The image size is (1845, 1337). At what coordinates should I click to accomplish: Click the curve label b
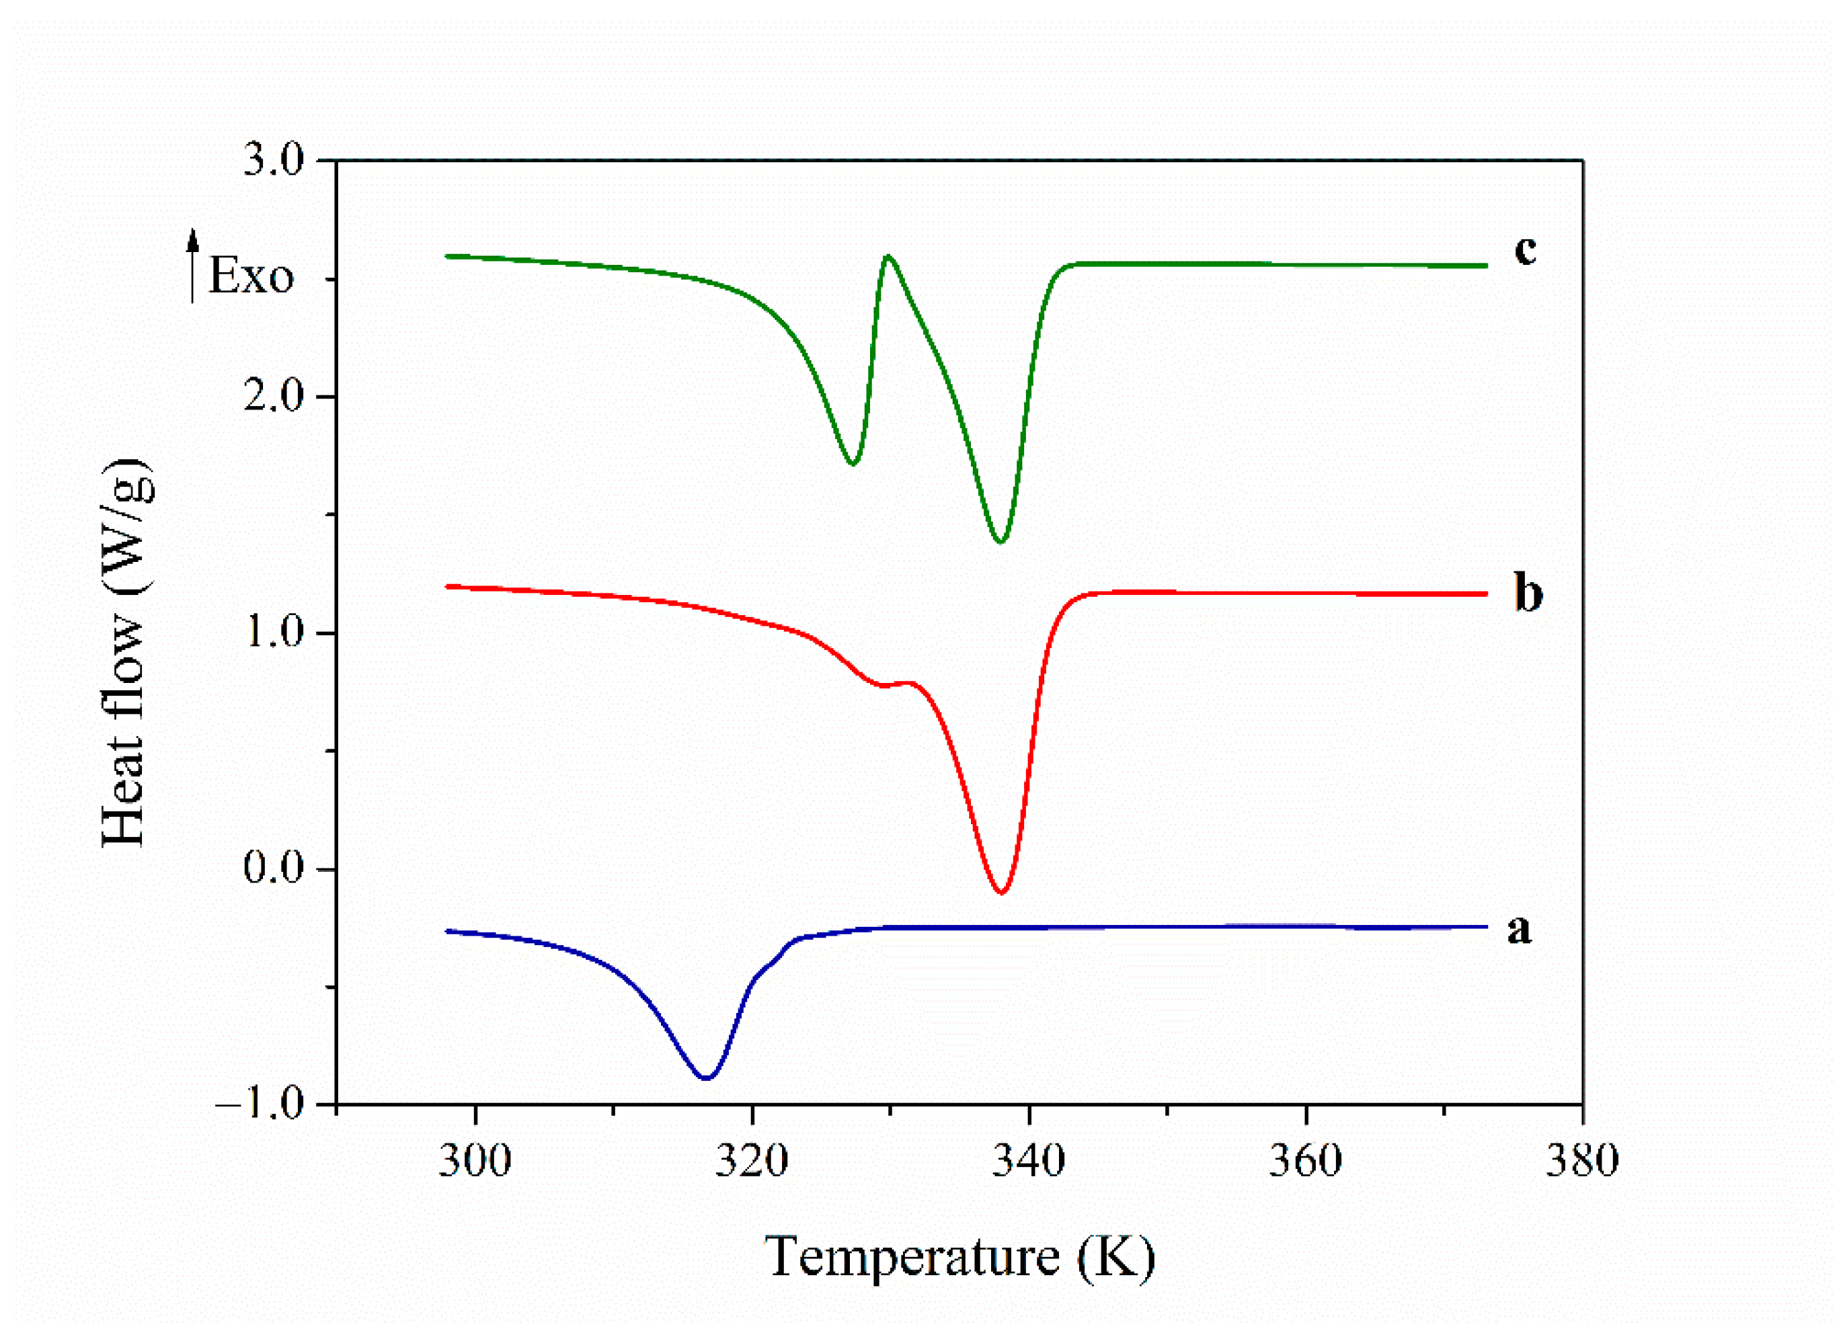coord(1528,594)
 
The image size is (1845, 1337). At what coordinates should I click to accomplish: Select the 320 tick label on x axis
coord(752,1160)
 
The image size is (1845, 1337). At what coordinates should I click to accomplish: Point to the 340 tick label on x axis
coord(1028,1160)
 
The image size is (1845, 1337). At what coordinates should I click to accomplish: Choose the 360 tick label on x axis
coord(1305,1160)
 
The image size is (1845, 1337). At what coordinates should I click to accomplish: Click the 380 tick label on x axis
coord(1581,1160)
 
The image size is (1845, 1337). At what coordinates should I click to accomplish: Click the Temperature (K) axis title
coord(960,1256)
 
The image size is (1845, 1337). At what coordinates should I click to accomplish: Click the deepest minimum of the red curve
coord(1001,893)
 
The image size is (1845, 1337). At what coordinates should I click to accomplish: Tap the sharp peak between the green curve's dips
coord(888,256)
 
